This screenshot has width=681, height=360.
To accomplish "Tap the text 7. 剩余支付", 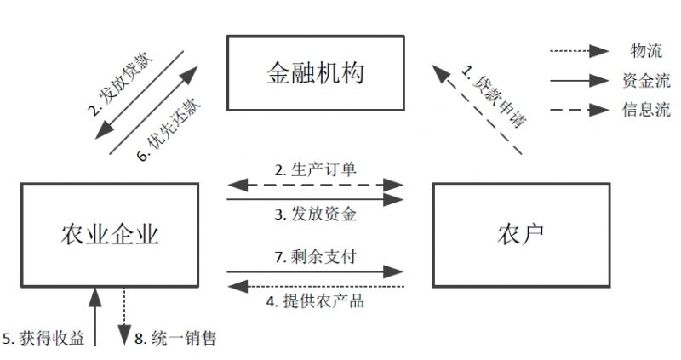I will (314, 255).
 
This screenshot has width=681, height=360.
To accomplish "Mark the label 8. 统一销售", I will (175, 339).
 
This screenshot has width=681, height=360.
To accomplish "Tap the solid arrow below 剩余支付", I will (315, 271).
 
